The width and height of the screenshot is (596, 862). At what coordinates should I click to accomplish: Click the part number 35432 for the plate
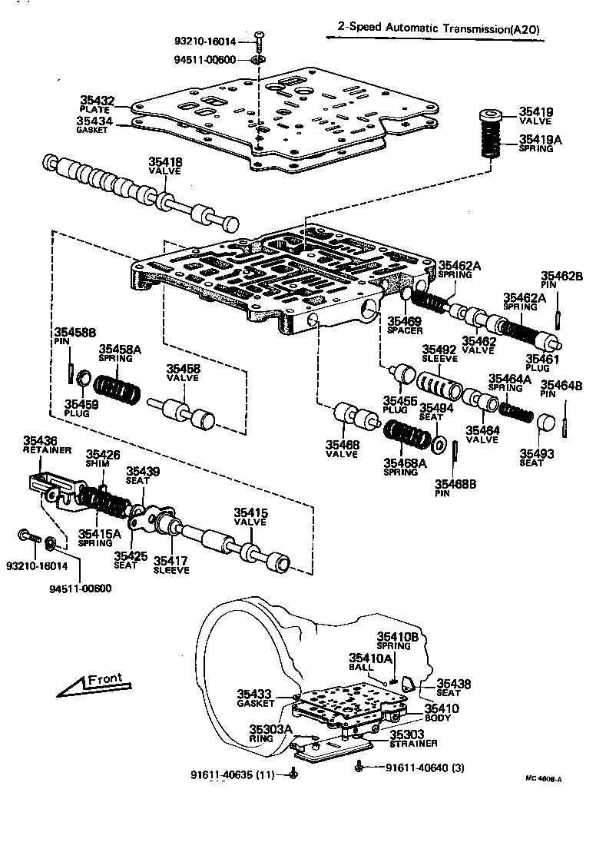point(98,100)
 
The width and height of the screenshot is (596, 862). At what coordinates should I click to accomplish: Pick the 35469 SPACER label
point(405,325)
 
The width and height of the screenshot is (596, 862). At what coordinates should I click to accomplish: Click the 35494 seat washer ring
point(440,443)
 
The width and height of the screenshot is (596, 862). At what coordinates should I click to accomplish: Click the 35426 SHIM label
point(102,459)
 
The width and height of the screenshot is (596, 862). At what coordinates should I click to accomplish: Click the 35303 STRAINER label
point(413,739)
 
